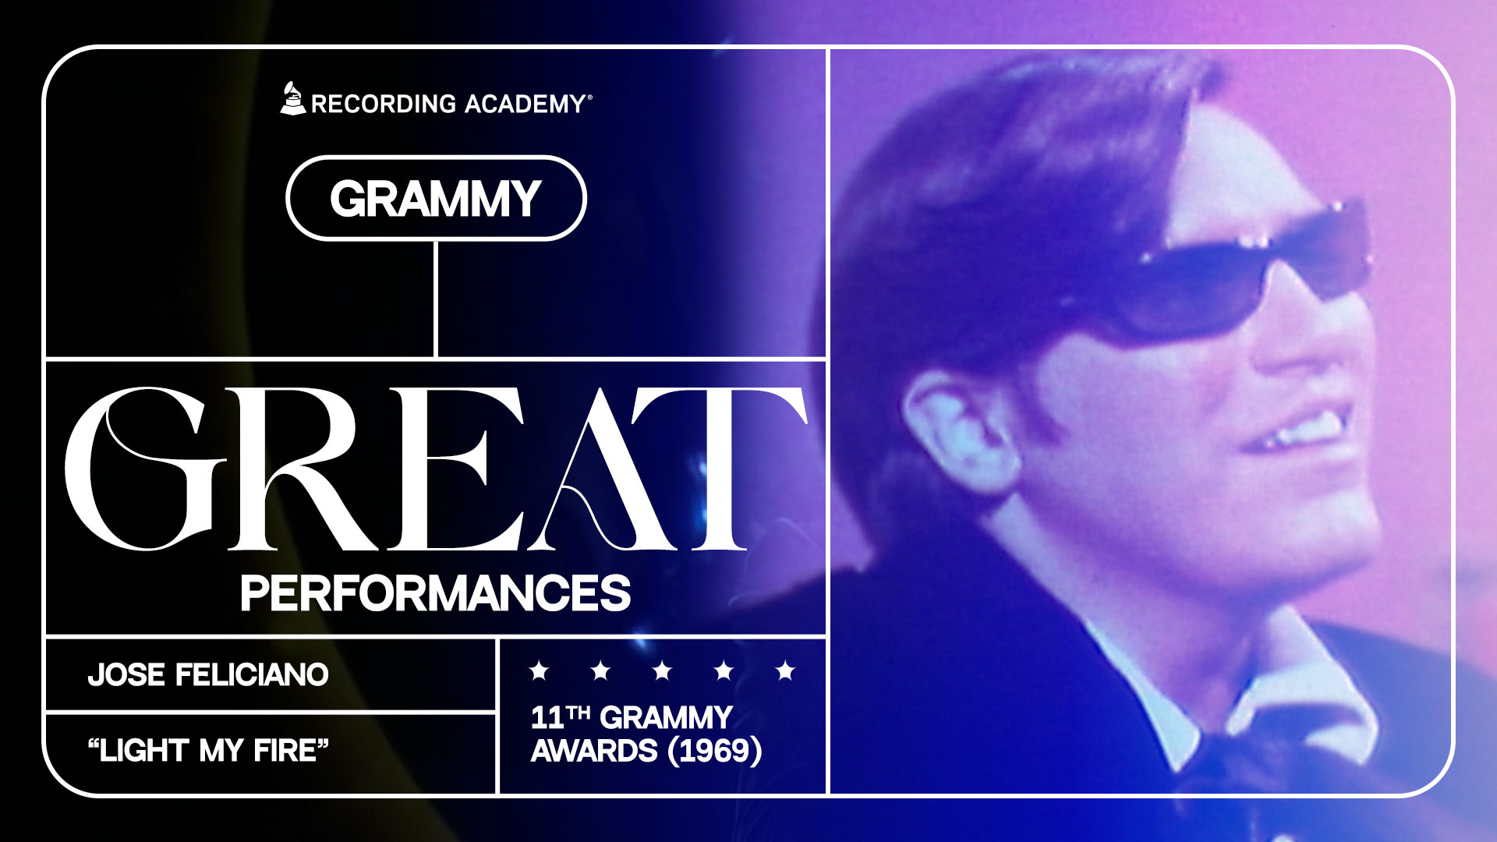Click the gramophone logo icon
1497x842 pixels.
coord(292,99)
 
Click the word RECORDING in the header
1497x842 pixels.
coord(384,104)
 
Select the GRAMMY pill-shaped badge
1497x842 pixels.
coord(436,199)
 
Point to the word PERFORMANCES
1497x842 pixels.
coord(435,594)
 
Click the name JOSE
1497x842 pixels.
coord(126,675)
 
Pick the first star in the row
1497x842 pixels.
coord(539,670)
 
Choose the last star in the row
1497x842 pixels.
coord(785,670)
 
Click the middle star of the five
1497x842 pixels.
coord(662,670)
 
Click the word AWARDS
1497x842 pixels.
coord(594,751)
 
